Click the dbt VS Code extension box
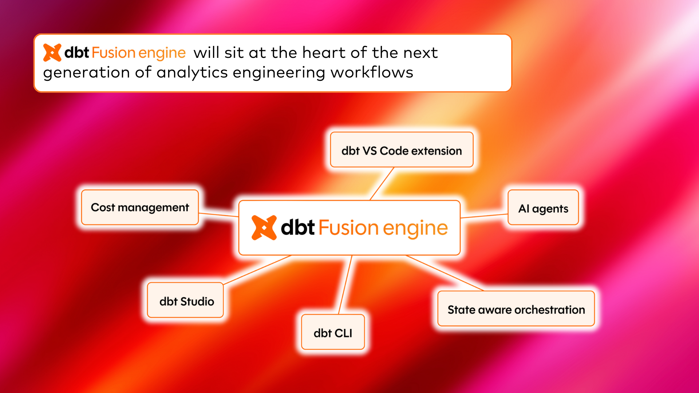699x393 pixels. (402, 150)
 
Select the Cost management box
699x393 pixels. (140, 207)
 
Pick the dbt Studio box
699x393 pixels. (185, 301)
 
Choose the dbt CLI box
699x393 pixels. (333, 332)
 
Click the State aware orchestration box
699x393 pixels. (516, 309)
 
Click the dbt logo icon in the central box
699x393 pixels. (264, 228)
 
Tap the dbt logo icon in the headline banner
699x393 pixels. (52, 52)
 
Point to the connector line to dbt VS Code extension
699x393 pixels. (382, 184)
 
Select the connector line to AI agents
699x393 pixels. (484, 216)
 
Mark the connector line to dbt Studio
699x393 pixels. (257, 270)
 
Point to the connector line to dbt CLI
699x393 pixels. (345, 285)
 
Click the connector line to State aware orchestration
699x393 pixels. (445, 273)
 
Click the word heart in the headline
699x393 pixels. (323, 53)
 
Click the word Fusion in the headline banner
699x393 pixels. (113, 53)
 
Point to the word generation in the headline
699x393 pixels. (86, 72)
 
